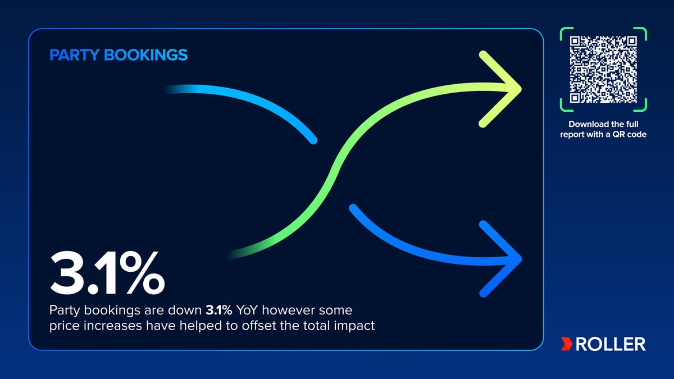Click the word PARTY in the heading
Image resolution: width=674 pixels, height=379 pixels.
click(x=74, y=55)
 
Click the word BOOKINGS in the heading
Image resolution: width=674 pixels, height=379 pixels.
click(x=145, y=55)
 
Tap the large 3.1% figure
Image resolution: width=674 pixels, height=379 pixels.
click(x=107, y=272)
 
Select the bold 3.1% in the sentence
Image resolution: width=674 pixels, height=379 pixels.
click(x=218, y=310)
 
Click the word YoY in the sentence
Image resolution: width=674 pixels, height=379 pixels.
click(x=247, y=310)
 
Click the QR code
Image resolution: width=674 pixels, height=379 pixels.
click(x=603, y=70)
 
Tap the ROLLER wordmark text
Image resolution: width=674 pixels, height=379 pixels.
click(x=611, y=344)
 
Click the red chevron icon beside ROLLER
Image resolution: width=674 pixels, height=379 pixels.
click(x=567, y=344)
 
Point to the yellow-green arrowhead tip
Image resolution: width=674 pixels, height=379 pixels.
click(x=521, y=89)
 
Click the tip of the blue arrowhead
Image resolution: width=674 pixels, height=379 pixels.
click(x=521, y=259)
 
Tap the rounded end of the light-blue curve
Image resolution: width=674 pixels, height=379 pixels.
click(x=313, y=140)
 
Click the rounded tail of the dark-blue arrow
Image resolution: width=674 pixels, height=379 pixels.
click(x=353, y=208)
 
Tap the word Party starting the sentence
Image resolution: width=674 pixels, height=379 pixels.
click(x=65, y=310)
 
